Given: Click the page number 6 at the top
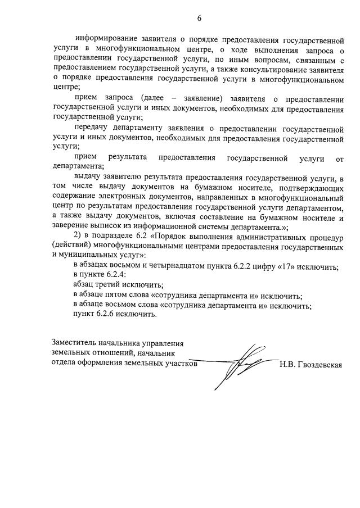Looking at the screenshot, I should [199, 18].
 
